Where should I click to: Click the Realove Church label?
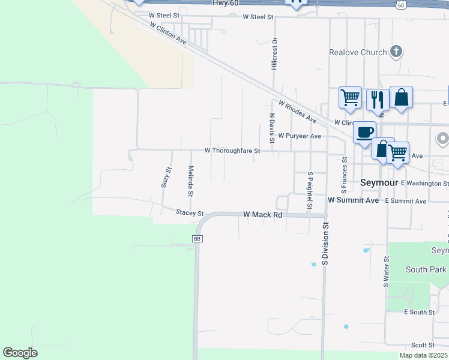pyautogui.click(x=358, y=52)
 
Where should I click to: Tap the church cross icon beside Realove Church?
pyautogui.click(x=396, y=52)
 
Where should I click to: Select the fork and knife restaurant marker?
pyautogui.click(x=378, y=99)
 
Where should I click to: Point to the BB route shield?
pyautogui.click(x=197, y=239)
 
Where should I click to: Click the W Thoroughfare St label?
pyautogui.click(x=232, y=151)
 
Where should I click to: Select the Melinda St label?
pyautogui.click(x=190, y=181)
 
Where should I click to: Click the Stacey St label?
pyautogui.click(x=190, y=213)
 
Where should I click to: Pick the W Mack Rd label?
pyautogui.click(x=262, y=214)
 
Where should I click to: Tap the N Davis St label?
pyautogui.click(x=272, y=128)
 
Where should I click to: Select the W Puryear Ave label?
pyautogui.click(x=300, y=136)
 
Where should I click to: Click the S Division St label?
pyautogui.click(x=325, y=244)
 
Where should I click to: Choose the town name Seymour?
pyautogui.click(x=379, y=182)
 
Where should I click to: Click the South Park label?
pyautogui.click(x=426, y=269)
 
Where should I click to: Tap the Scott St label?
pyautogui.click(x=423, y=345)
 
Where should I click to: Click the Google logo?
pyautogui.click(x=20, y=353)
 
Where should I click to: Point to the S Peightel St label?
pyautogui.click(x=310, y=192)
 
